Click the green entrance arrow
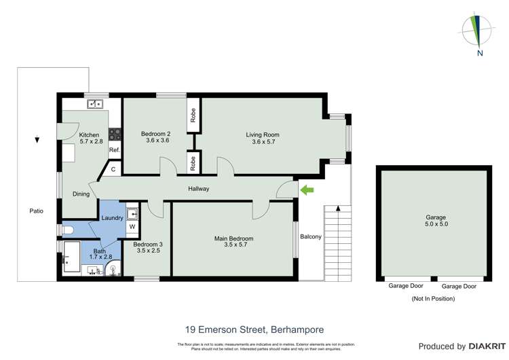307,190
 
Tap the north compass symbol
476,32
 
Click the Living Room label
263,135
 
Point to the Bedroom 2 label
155,133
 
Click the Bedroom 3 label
147,244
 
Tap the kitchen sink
94,104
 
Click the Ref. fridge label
114,150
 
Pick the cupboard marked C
113,169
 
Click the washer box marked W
132,227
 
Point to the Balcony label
311,236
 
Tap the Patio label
36,211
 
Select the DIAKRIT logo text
478,346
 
